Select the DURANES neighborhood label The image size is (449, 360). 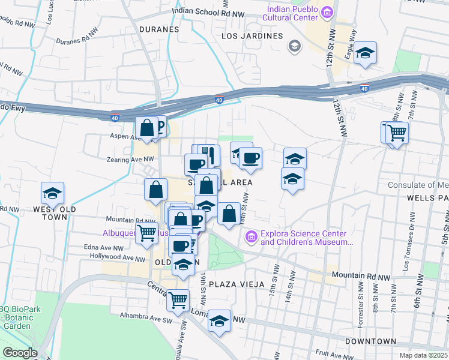159,29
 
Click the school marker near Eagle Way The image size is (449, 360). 364,54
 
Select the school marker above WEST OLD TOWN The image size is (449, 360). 52,194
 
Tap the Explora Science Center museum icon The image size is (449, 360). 250,238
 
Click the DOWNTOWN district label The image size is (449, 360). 371,341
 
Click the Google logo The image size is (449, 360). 20,353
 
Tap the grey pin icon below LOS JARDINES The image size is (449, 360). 294,46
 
